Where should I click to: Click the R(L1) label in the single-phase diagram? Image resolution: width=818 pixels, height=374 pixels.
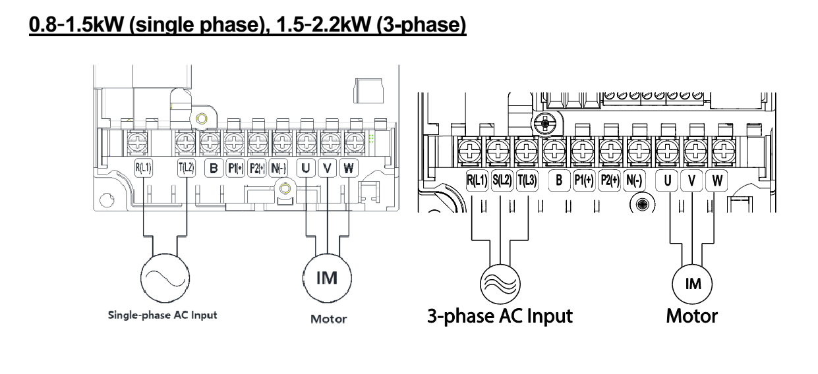143,168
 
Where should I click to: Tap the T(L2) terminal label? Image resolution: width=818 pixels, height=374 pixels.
187,168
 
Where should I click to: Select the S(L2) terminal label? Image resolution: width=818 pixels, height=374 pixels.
502,180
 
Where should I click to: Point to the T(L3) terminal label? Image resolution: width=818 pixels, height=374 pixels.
527,180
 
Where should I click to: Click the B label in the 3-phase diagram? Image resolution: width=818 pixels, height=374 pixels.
559,180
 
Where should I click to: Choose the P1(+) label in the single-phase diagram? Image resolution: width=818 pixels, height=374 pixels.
235,168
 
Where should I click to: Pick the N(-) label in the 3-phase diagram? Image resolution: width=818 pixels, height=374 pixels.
634,180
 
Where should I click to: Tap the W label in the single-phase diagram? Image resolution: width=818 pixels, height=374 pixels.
349,168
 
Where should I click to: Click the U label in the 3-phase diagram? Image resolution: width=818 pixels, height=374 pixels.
667,180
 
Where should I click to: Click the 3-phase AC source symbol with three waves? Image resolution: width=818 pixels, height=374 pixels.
500,284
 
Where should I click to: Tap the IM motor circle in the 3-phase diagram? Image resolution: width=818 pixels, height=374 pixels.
692,284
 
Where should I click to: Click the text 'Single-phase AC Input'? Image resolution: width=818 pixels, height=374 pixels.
163,315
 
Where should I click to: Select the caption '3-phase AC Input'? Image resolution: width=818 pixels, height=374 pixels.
500,316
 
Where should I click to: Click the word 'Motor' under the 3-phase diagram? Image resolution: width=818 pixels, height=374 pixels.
692,316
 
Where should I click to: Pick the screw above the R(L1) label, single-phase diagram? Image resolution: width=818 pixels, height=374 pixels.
137,142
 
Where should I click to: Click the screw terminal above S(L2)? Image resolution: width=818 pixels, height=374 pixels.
498,150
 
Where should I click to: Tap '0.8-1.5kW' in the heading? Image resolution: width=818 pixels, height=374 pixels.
76,25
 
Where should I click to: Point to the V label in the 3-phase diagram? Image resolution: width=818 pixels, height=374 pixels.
691,180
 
